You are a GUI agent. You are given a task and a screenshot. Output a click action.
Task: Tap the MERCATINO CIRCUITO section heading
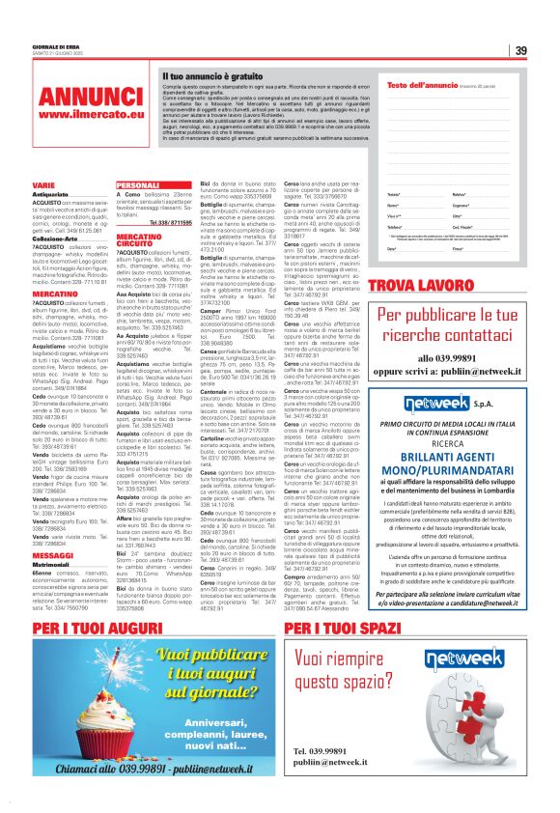click(138, 239)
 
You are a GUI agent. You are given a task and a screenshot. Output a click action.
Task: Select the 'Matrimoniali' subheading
click(51, 538)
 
